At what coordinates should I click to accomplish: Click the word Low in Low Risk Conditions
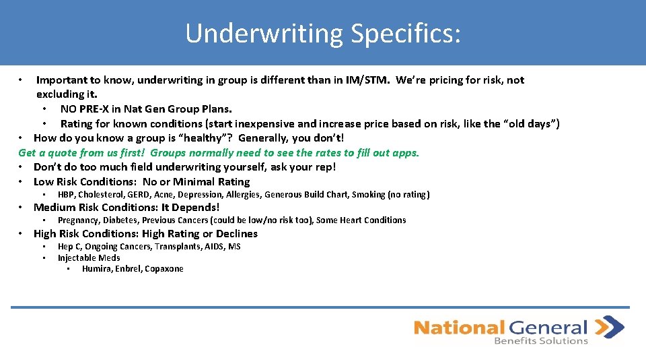pyautogui.click(x=44, y=182)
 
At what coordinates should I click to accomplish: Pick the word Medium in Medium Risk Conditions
pyautogui.click(x=52, y=208)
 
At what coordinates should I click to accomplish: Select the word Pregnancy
pyautogui.click(x=79, y=220)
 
